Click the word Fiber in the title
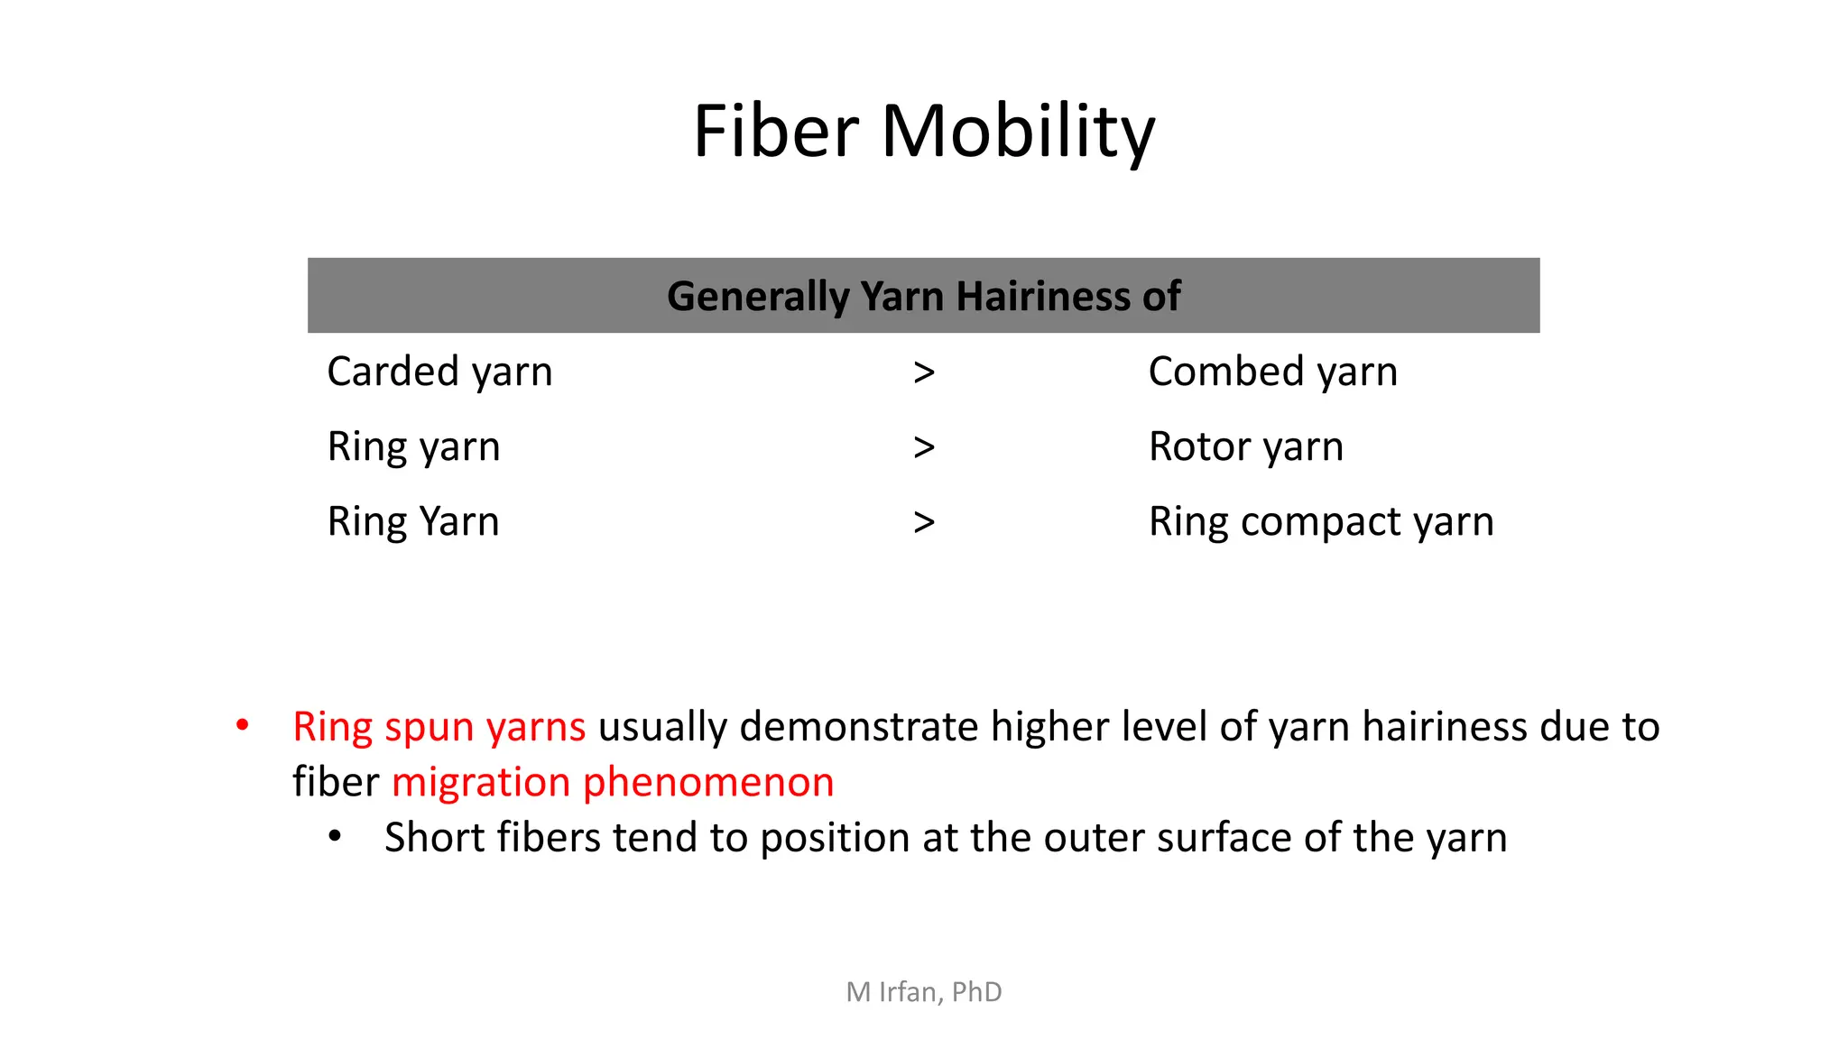tap(775, 132)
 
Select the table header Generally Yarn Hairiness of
tap(923, 296)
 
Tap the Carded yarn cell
tap(439, 372)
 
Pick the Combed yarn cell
tap(1272, 372)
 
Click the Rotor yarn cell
tap(1245, 446)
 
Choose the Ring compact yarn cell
tap(1320, 521)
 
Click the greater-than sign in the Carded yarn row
tap(923, 372)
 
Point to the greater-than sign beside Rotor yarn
tap(923, 447)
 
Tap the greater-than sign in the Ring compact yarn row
tap(923, 522)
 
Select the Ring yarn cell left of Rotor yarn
tap(413, 446)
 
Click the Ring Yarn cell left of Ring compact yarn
tap(413, 521)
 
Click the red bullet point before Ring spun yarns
tap(242, 726)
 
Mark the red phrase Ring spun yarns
tap(439, 727)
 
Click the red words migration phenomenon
tap(613, 782)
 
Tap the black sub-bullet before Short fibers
tap(335, 837)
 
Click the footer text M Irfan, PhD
tap(923, 992)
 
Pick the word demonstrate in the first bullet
tap(859, 727)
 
